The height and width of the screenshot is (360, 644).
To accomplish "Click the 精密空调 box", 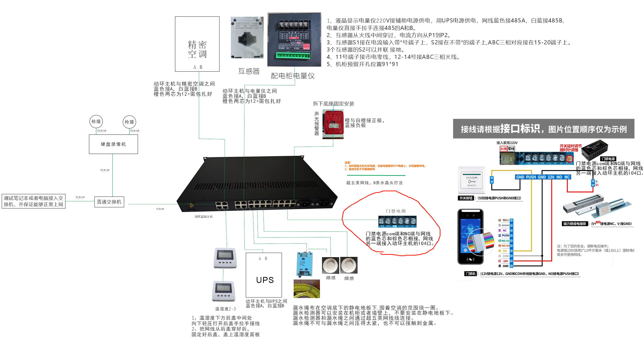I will [x=197, y=44].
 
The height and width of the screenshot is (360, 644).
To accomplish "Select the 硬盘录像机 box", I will [x=113, y=144].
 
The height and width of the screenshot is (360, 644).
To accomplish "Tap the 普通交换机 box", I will [x=109, y=202].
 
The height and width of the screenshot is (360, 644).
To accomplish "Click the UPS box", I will [x=264, y=275].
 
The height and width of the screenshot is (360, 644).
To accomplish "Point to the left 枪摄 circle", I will [x=96, y=122].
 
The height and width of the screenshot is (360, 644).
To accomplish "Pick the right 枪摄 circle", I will [x=129, y=122].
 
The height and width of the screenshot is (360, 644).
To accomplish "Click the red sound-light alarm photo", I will [x=333, y=124].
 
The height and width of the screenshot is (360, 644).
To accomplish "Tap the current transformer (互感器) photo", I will [x=247, y=38].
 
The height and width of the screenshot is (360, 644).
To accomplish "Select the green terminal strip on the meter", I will [x=293, y=56].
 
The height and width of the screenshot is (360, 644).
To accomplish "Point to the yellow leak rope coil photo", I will [x=307, y=289].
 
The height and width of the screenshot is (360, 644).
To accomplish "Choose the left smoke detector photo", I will [x=331, y=265].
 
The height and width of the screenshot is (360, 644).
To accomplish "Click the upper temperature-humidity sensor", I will [x=225, y=258].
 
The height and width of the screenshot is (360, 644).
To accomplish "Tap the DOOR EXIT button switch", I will [x=471, y=180].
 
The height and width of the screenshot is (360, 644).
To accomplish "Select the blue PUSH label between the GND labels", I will [x=531, y=177].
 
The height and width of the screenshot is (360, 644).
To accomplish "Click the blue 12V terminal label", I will [x=551, y=177].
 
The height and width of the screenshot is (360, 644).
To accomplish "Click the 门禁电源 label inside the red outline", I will [x=396, y=211].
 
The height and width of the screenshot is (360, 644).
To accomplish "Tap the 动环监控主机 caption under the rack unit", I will [x=204, y=217].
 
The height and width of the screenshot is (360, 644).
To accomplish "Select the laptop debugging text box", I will [x=33, y=201].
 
